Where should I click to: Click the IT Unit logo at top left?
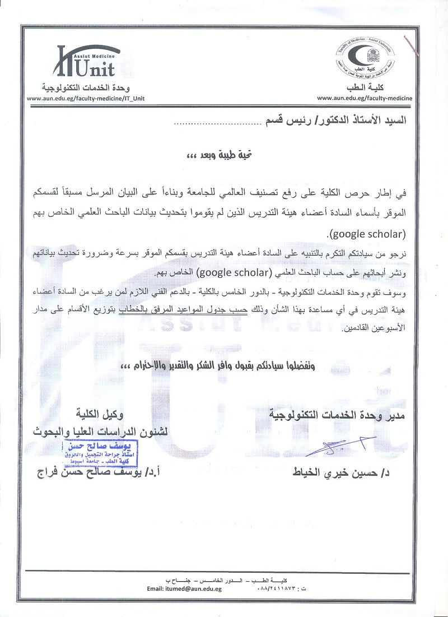[x=85, y=62]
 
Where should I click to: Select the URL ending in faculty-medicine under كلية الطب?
[x=365, y=98]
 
